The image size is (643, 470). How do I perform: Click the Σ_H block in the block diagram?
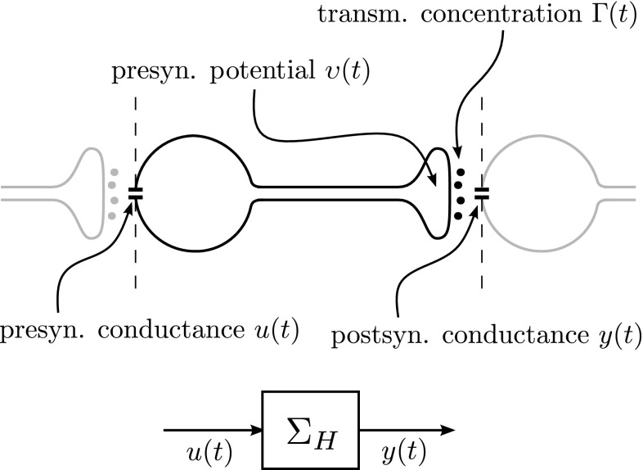pyautogui.click(x=310, y=427)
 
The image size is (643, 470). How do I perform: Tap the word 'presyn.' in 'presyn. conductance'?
pyautogui.click(x=34, y=334)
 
